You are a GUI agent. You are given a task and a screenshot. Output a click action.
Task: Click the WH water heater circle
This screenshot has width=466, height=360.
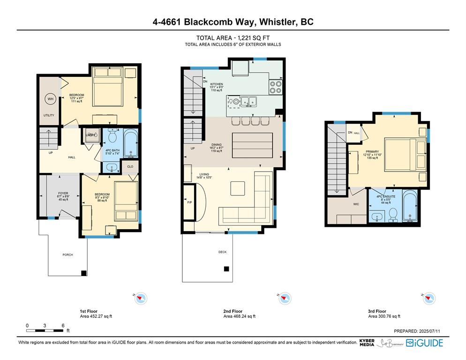click(50, 99)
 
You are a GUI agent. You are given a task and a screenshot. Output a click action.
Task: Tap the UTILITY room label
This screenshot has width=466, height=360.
click(49, 115)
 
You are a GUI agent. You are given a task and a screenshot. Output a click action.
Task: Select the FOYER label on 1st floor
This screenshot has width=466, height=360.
click(63, 193)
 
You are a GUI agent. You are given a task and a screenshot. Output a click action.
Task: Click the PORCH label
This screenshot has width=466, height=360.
click(68, 255)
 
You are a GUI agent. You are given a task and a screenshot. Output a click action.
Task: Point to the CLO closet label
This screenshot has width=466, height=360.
click(130, 166)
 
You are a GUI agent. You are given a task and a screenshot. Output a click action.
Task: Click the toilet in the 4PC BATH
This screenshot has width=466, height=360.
click(112, 137)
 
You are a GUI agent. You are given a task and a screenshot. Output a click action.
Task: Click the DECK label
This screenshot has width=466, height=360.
click(222, 252)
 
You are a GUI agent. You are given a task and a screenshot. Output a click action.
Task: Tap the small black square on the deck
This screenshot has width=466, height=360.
click(226, 269)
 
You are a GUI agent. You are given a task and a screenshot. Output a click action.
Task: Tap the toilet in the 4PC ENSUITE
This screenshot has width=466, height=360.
click(393, 215)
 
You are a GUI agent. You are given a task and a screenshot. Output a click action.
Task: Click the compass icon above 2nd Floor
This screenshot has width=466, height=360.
click(284, 298)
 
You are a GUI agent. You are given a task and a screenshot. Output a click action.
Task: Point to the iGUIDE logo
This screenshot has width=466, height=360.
click(424, 343)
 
